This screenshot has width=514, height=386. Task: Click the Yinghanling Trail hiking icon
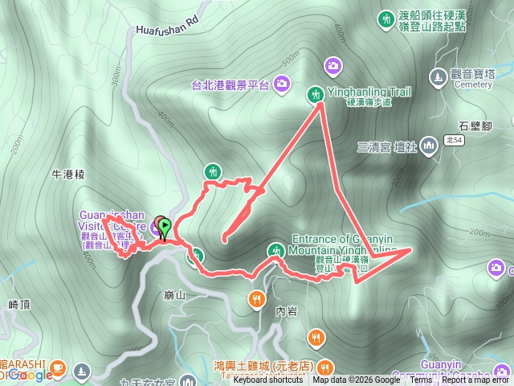coord(315,94)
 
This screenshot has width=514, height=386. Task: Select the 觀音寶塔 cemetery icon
coord(438,76)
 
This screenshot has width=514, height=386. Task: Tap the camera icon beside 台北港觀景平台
coord(282,83)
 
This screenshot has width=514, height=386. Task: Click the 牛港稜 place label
coord(67,174)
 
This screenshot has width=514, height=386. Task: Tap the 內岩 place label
coord(287,310)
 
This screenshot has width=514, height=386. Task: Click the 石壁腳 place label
coord(475,125)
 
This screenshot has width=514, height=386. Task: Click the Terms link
coord(421,380)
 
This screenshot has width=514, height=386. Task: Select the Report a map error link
coord(475,380)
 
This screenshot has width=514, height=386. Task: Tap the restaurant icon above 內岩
coord(255,298)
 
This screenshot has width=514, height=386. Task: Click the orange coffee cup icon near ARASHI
coord(57,368)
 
